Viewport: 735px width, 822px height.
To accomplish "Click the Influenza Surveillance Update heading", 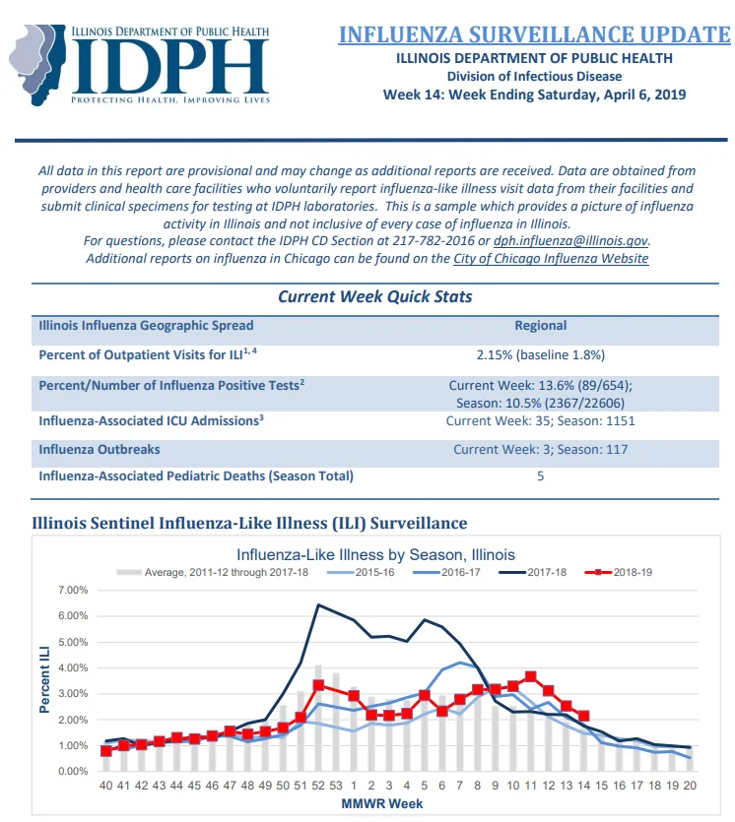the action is tap(534, 34).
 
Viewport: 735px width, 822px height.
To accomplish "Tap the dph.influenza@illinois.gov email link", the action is tap(570, 241).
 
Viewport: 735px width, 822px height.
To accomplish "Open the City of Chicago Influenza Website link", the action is tap(551, 259).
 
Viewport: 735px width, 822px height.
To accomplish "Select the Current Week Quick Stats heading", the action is tap(374, 296).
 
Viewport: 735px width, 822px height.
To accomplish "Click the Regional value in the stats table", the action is tap(540, 326).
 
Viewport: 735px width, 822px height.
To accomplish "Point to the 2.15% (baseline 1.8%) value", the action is tap(540, 355).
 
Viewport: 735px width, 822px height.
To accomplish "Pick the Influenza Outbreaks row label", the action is tap(100, 449).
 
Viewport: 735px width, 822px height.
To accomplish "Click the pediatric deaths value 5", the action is tap(540, 476).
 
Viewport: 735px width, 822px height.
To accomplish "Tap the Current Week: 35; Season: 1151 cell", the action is tap(540, 421).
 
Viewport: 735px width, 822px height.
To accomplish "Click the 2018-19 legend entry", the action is tap(618, 572).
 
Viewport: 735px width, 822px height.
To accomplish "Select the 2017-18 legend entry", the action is tap(532, 572).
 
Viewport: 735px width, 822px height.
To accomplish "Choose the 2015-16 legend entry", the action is tap(361, 572).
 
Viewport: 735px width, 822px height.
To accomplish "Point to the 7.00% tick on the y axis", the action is tap(73, 590).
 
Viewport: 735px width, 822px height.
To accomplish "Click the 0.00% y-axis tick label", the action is tap(73, 771).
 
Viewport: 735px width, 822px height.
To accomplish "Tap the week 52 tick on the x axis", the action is tap(318, 786).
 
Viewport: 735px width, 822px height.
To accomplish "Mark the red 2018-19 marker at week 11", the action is tap(530, 676).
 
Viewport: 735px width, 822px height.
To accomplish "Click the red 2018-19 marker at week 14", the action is tap(584, 716).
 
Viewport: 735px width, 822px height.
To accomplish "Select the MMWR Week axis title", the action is tap(382, 803).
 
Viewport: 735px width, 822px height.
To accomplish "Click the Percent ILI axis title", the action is tap(44, 679).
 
